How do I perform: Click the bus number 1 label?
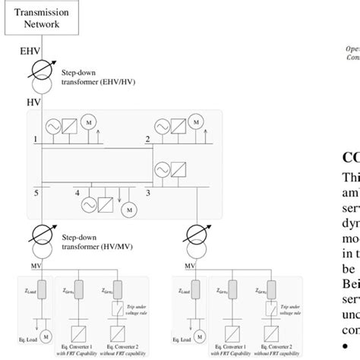tap(35, 139)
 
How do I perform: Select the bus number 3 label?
tap(148, 194)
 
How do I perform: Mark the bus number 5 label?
tap(35, 194)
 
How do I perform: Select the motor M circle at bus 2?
tap(197, 122)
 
